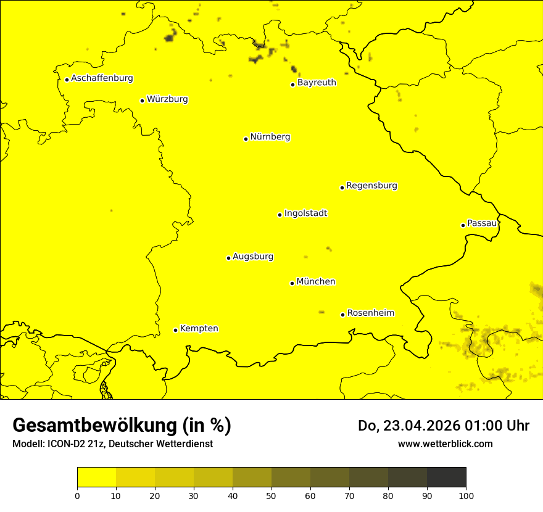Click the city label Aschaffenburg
pos(102,78)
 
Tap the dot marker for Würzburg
pos(142,101)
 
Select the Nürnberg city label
pos(270,137)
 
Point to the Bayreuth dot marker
pos(292,85)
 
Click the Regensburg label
pos(371,186)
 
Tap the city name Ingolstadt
pos(305,213)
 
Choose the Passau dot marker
pos(463,225)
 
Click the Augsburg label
pos(253,257)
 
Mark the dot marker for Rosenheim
pos(342,315)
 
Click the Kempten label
pos(199,329)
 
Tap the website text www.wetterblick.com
pos(445,444)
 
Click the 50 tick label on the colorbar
pos(271,495)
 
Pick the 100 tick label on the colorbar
pos(466,495)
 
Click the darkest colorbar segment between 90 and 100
pos(446,477)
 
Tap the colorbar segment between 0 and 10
pos(96,477)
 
